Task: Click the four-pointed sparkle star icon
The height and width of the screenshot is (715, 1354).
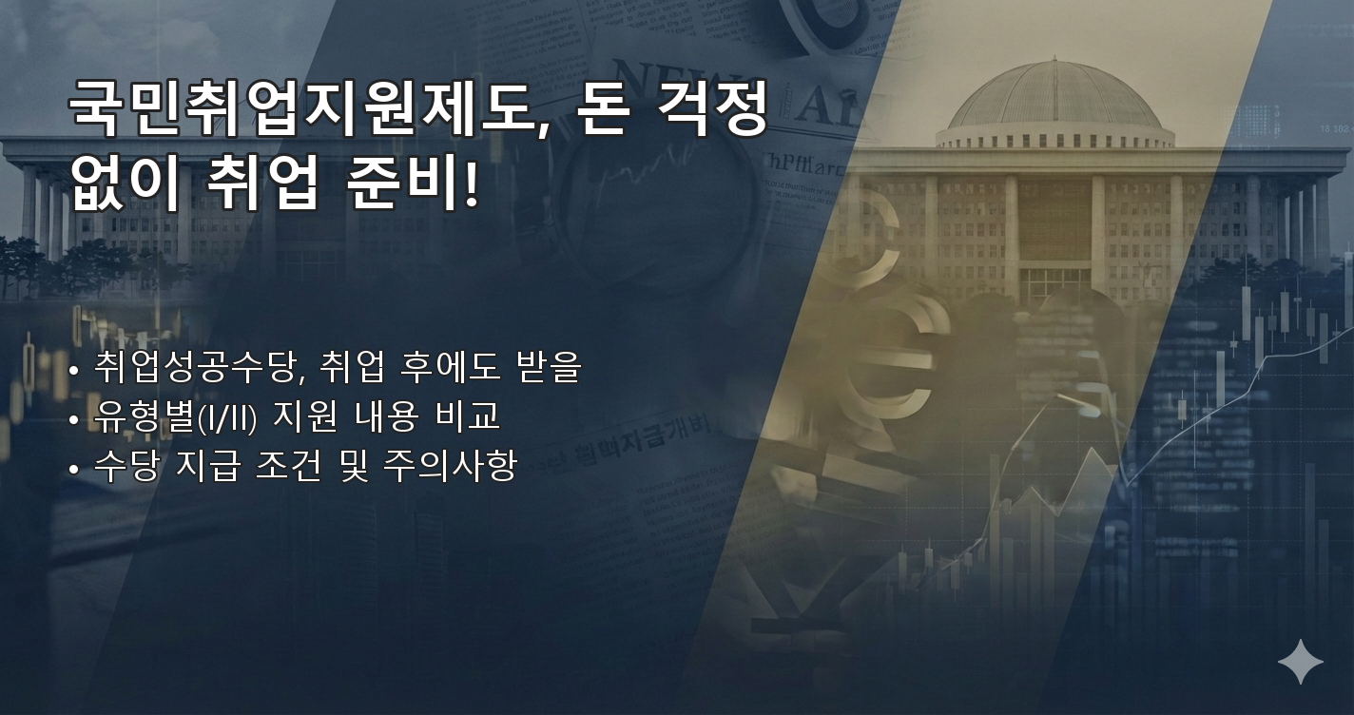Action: pyautogui.click(x=1300, y=662)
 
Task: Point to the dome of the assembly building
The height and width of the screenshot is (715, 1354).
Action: pyautogui.click(x=1054, y=100)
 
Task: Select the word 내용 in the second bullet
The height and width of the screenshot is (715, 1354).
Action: pyautogui.click(x=387, y=416)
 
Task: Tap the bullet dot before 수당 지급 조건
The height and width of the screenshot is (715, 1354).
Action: pyautogui.click(x=74, y=469)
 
